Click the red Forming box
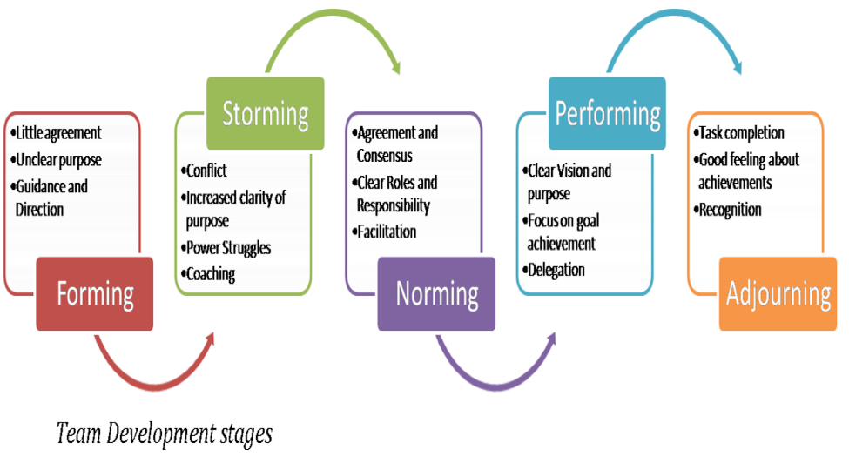point(95,293)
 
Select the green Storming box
point(265,113)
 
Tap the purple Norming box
point(436,293)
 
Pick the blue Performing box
point(607,113)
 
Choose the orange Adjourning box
point(778,293)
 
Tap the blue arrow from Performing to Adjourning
point(675,30)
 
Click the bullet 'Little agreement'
point(57,133)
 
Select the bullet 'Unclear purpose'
point(57,160)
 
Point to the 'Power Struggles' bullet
point(228,248)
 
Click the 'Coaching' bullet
point(210,274)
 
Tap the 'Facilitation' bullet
point(385,231)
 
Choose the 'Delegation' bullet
point(556,270)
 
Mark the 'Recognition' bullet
point(730,210)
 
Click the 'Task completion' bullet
point(741,133)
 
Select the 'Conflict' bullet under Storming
point(207,171)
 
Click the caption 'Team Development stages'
point(165,433)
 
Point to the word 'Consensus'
point(385,156)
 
